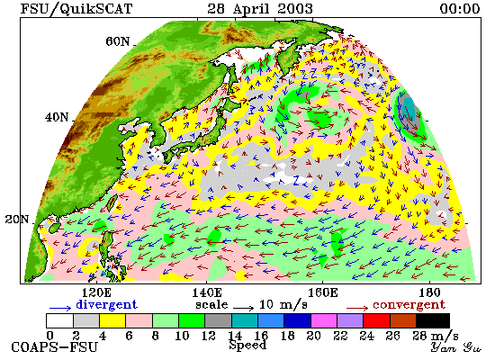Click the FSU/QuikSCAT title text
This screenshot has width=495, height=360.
[76, 8]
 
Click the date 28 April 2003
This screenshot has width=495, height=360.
[260, 8]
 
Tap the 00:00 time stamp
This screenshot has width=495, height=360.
[460, 8]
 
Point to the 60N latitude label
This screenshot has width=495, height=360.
[117, 41]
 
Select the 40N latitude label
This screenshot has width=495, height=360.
[57, 118]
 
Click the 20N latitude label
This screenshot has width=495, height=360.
[17, 220]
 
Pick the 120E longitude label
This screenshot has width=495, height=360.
[96, 292]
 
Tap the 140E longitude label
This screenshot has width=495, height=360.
[207, 292]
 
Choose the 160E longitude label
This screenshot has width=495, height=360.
[322, 292]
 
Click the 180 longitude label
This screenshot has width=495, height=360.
[429, 292]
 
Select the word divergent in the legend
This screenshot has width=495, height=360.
[107, 304]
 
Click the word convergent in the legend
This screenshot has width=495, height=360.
[409, 305]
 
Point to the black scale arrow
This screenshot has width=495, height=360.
[243, 308]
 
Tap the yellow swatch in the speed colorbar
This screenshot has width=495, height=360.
[112, 320]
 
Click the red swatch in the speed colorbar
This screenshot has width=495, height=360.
[376, 320]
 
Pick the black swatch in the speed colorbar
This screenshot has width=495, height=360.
[433, 320]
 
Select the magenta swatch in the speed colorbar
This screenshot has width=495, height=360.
[324, 320]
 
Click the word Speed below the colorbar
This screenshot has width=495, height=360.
[247, 346]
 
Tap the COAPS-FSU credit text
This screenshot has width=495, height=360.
[55, 347]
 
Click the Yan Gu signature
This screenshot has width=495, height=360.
[456, 347]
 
